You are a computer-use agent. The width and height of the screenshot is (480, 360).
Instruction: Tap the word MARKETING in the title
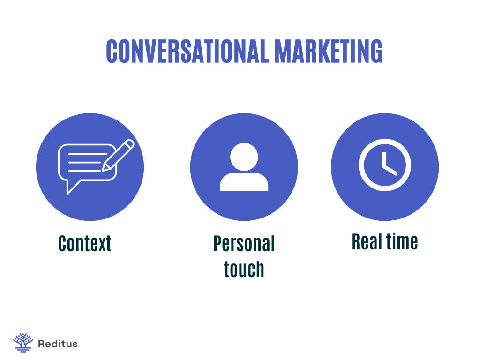(328, 52)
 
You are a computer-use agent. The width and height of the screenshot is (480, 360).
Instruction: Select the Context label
(85, 244)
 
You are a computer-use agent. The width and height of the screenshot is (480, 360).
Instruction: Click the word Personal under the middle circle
(244, 244)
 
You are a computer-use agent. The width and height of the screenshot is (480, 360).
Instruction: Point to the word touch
(244, 269)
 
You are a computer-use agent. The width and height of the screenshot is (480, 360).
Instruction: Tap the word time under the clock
(402, 242)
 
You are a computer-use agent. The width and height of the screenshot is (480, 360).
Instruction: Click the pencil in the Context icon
(119, 155)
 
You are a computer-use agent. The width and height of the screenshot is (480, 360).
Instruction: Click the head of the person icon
(244, 157)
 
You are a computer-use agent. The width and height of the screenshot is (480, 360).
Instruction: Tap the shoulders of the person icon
(244, 182)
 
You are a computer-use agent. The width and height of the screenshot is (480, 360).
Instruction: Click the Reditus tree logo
(23, 343)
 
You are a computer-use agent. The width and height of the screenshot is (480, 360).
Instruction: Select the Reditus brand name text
(57, 344)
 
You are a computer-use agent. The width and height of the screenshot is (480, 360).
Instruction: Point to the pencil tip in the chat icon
(105, 168)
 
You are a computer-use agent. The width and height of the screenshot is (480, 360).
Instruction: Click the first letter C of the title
(112, 52)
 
